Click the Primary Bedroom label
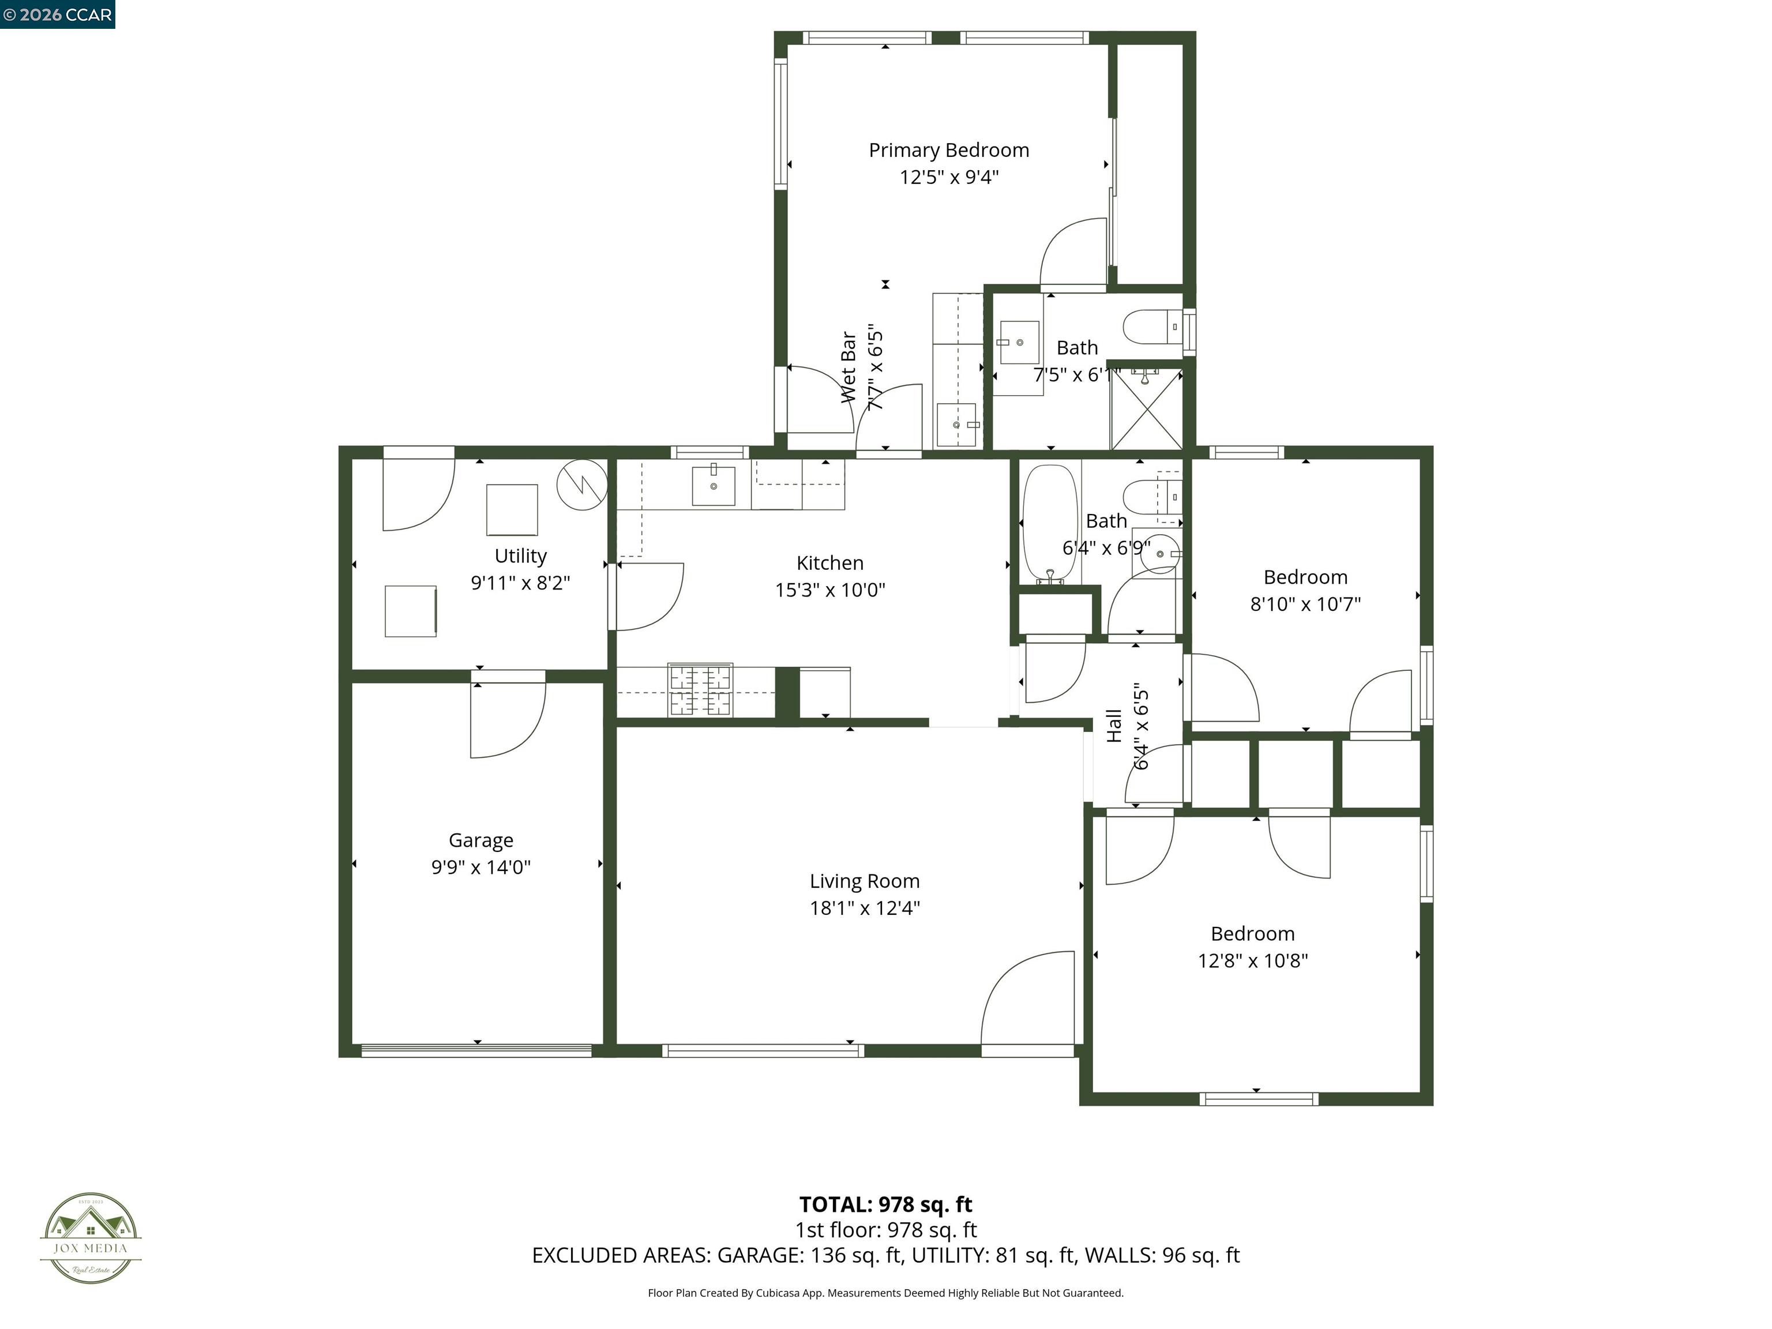coord(948,150)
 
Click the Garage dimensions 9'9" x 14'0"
coord(480,868)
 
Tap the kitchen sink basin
coord(713,484)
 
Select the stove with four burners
coord(700,690)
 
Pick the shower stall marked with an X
coord(1146,410)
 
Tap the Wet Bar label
coord(847,367)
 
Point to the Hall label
coord(1113,726)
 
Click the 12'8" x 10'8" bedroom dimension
coord(1252,960)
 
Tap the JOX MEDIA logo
coord(91,1238)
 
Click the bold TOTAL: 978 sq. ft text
coord(885,1205)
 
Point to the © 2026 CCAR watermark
coord(58,14)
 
